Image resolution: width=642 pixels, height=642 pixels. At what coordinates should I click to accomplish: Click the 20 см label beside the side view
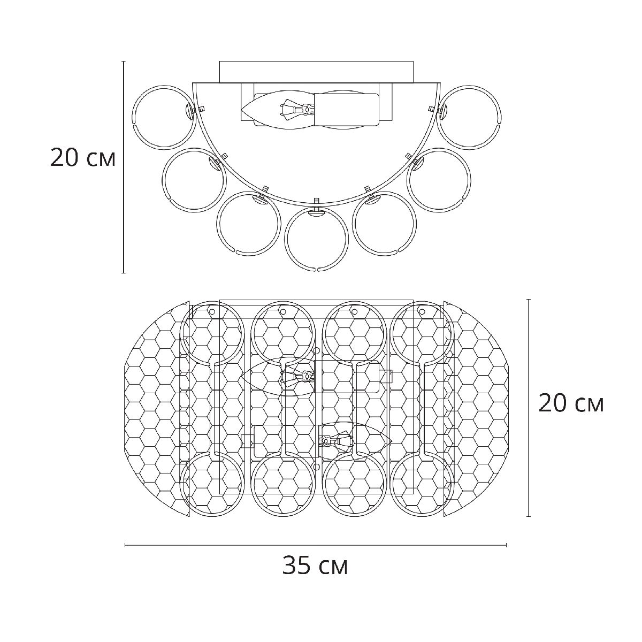(82, 158)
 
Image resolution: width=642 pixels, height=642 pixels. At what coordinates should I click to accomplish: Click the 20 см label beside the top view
(571, 403)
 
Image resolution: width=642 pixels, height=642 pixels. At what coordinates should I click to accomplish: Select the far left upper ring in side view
(133, 117)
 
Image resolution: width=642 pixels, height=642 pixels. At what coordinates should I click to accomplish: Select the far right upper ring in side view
(500, 117)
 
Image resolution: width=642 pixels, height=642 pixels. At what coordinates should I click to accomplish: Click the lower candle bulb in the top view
(355, 441)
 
